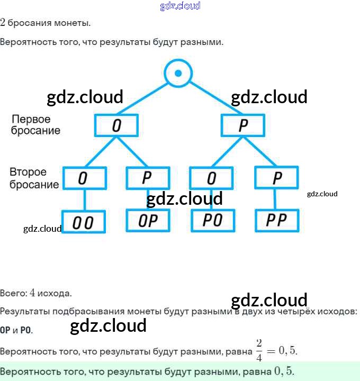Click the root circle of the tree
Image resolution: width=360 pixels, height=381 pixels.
178,72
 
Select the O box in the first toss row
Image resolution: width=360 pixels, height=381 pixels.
116,125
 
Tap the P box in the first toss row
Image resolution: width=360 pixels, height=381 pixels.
243,125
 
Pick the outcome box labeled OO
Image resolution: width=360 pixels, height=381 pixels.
84,222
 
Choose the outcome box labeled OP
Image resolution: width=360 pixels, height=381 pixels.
148,220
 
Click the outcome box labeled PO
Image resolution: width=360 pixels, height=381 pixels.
212,220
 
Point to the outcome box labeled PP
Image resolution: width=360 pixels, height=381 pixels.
276,220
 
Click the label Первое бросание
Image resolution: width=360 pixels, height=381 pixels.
36,124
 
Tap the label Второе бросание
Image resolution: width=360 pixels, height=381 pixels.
34,178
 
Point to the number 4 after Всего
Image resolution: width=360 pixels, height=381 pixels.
32,293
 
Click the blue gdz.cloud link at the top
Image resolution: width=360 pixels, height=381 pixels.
180,6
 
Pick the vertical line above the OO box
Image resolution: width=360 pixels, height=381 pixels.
84,200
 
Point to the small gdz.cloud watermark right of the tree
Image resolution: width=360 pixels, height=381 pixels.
322,194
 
